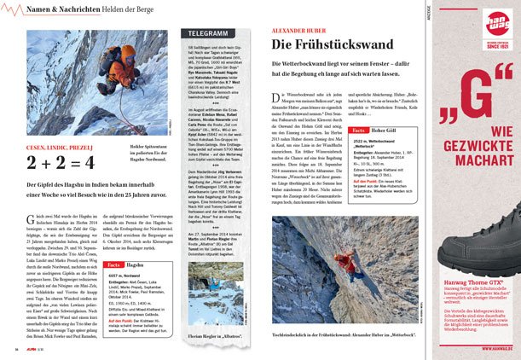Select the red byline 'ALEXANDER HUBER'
click(298, 28)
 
